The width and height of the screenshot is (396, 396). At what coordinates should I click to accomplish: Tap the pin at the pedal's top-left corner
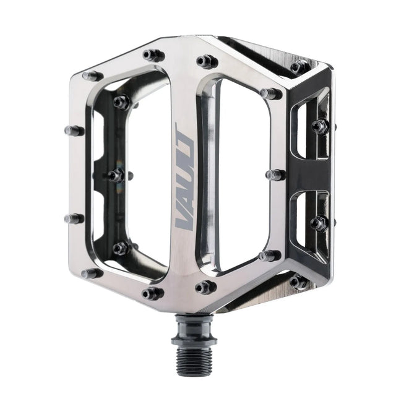(92, 75)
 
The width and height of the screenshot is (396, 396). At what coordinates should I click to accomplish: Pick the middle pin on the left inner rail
(115, 176)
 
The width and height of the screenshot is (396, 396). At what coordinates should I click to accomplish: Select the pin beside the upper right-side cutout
(319, 126)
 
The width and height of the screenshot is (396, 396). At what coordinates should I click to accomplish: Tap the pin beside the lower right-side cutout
(319, 223)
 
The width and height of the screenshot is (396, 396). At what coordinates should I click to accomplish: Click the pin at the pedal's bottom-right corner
(299, 282)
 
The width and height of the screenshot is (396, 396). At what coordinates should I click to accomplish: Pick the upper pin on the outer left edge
(74, 131)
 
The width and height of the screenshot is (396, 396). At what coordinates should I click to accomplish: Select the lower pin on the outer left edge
(73, 218)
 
